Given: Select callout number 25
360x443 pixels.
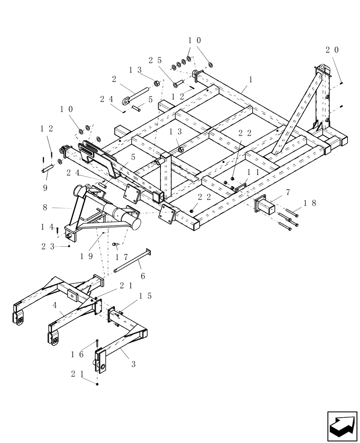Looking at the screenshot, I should [155, 60].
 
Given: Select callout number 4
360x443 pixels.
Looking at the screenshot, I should [54, 305].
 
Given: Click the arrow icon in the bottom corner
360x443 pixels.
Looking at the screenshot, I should [342, 425].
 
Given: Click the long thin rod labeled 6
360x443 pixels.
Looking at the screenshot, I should [132, 261].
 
